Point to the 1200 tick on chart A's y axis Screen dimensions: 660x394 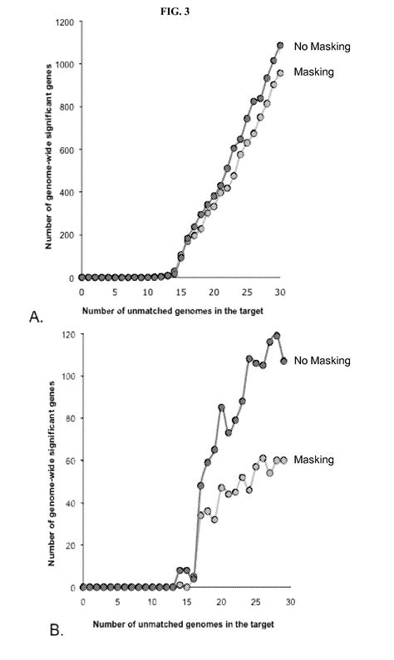coord(63,22)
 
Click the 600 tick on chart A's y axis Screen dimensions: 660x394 coord(66,150)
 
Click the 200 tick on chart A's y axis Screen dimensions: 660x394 coord(66,235)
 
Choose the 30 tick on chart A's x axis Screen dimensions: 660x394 coord(280,293)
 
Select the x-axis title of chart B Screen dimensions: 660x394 coord(183,623)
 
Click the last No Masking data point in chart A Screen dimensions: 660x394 coord(280,46)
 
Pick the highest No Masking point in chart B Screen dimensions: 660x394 coord(276,336)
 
